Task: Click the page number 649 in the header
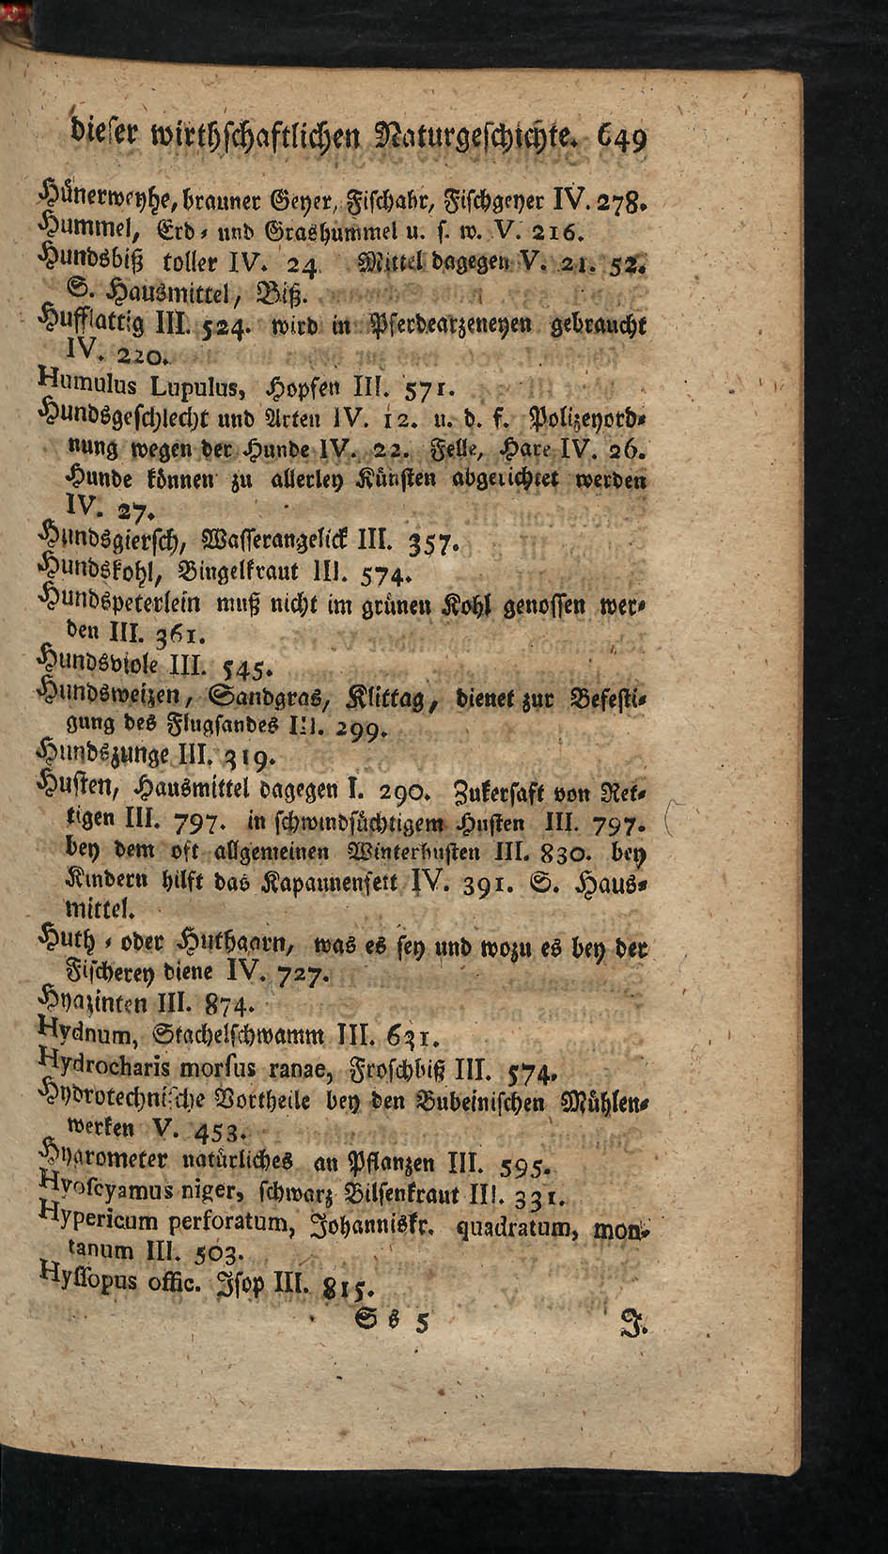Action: pos(616,141)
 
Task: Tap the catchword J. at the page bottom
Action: pos(633,1323)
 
